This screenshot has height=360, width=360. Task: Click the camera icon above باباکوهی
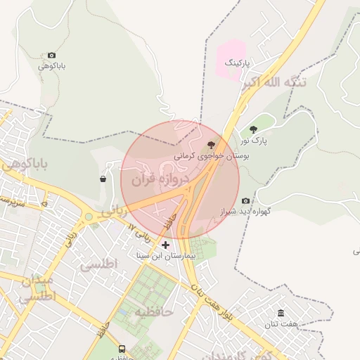click(51, 56)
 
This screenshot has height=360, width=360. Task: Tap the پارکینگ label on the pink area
click(237, 63)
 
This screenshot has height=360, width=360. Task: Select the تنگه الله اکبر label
click(275, 83)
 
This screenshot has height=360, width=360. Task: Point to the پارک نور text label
click(264, 141)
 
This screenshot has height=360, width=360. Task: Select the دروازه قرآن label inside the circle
click(167, 180)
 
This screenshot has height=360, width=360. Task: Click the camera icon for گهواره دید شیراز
click(245, 200)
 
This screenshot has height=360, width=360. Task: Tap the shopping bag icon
click(103, 179)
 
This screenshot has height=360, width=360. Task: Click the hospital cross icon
click(166, 245)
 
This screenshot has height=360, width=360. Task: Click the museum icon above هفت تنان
click(281, 313)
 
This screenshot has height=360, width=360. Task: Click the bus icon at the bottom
click(122, 349)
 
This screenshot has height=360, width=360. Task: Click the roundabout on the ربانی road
click(89, 217)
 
